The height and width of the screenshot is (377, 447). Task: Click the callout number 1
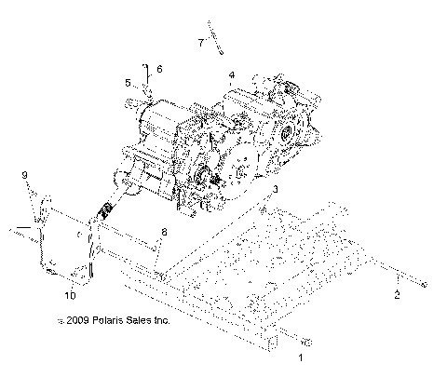pos(300,357)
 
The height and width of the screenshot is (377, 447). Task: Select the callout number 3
pos(275,190)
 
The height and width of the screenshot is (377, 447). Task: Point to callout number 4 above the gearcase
pos(231,74)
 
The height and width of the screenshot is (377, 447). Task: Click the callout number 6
pos(159,69)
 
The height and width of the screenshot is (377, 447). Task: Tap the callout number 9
pos(25,175)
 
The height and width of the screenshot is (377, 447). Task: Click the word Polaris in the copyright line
pos(104,321)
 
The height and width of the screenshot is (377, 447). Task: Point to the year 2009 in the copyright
pos(74,321)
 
